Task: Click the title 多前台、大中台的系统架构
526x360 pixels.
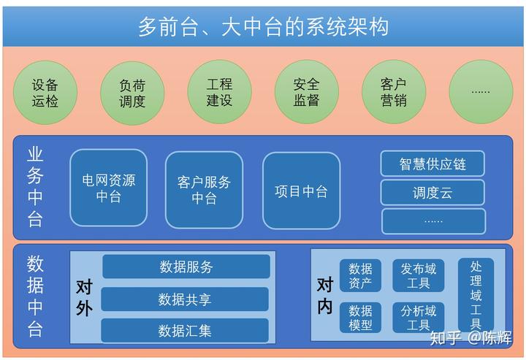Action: pos(263,27)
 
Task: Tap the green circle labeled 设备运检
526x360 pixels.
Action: pos(45,92)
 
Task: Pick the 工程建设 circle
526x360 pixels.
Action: pos(219,92)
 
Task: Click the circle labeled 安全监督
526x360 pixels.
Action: pos(306,92)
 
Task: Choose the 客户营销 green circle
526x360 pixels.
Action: pos(393,92)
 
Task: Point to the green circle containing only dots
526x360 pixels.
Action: pos(480,92)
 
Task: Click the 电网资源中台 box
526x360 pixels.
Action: pos(108,188)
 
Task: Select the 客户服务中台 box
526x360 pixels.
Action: pos(204,188)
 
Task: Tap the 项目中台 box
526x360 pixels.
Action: pos(301,190)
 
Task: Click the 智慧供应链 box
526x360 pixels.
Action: pos(432,164)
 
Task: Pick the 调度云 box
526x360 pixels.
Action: pos(432,192)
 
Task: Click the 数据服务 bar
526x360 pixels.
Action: pos(186,267)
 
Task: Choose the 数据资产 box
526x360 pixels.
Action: pos(360,275)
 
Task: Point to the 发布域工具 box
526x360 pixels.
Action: pos(418,275)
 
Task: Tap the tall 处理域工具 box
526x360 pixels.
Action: pos(476,295)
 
